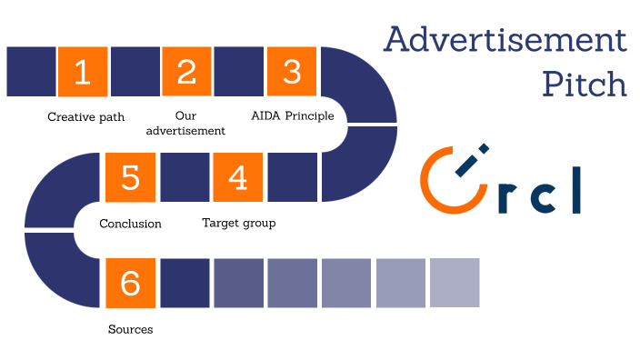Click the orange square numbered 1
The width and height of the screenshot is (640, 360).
tap(83, 72)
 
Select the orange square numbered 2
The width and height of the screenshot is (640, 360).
tap(187, 72)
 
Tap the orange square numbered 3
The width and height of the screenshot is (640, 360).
tap(292, 72)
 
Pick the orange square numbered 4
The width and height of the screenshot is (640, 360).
tap(238, 177)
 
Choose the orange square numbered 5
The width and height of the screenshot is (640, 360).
tap(131, 177)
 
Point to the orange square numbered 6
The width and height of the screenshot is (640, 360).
tap(131, 283)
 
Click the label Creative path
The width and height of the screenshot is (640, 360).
tap(85, 116)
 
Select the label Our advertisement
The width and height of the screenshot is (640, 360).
tap(186, 123)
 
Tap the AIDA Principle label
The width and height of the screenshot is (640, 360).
tap(292, 116)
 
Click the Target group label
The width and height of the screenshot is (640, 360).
tap(238, 223)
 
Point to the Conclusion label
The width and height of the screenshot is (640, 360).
tap(130, 224)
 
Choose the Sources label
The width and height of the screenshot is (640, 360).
tap(130, 329)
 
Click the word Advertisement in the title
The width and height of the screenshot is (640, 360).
tap(505, 40)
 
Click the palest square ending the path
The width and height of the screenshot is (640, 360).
tap(455, 283)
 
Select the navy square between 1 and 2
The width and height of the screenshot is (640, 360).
tap(135, 72)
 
